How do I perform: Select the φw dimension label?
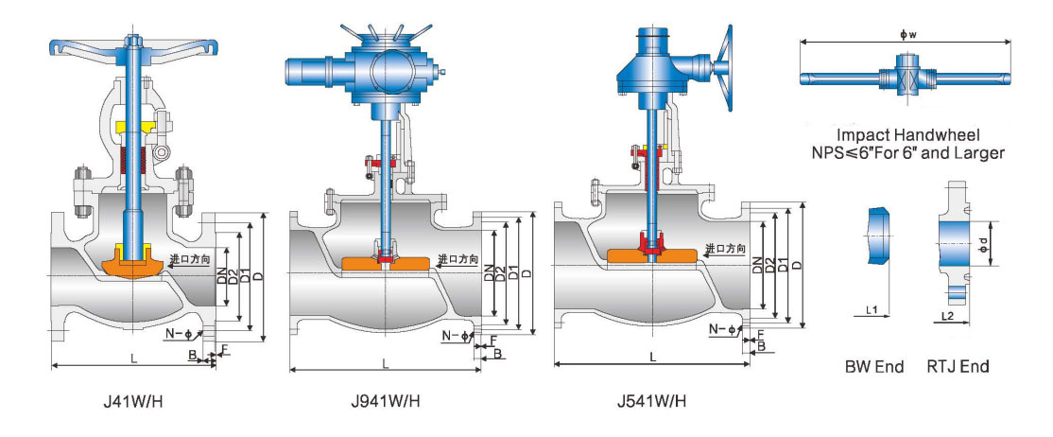[905, 35]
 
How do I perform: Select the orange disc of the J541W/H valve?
[653, 254]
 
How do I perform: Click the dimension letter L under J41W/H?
[131, 356]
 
